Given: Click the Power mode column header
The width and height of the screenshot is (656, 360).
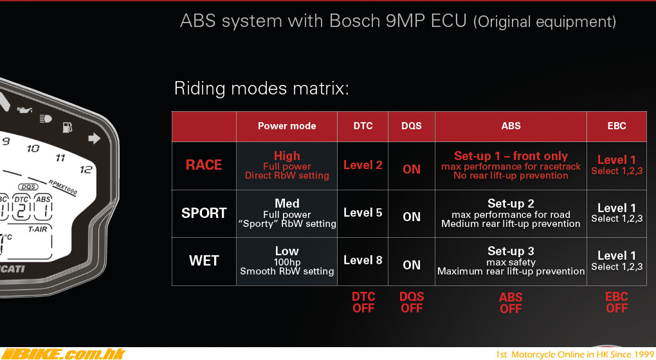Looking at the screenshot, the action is [287, 126].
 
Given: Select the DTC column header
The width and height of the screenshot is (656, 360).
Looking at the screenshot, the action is [363, 126].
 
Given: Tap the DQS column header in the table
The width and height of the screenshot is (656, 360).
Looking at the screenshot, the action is [411, 126].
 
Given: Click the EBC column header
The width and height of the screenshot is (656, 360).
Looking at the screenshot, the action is [617, 126].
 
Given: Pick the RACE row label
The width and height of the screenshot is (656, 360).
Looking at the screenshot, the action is [204, 165].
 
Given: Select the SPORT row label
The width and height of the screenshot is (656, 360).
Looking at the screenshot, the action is [204, 213].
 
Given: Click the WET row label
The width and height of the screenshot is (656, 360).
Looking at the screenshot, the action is [204, 261].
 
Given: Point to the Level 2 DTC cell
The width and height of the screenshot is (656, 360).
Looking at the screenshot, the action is [363, 165].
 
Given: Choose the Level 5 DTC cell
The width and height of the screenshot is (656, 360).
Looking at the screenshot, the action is [363, 213].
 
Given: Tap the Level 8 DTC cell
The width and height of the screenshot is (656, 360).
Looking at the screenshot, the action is [363, 260].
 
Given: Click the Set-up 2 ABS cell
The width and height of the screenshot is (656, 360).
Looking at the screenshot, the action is [511, 213].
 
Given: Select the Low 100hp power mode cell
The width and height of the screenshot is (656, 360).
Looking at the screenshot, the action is [287, 262].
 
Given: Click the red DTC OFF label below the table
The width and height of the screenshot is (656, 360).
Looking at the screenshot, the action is [363, 303].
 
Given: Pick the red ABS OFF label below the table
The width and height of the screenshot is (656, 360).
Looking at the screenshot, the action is [511, 303].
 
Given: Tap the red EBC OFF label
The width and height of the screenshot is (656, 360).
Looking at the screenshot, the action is [617, 303].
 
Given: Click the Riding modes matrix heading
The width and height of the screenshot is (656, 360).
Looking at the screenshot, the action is [262, 89].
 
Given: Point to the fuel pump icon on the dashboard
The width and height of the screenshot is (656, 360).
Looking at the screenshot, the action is [67, 127].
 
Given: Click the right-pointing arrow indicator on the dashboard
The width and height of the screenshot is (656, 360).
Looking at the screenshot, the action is [95, 138].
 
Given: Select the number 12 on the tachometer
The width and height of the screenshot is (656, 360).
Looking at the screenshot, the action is [86, 170].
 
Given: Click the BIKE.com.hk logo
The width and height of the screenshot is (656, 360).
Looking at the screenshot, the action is [63, 354].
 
